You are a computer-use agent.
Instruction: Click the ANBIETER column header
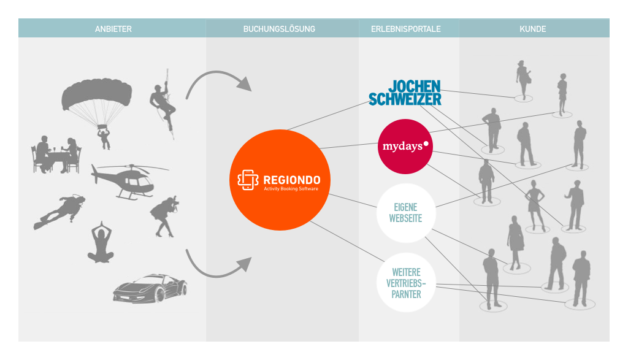[113, 29]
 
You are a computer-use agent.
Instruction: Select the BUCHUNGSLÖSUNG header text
[279, 29]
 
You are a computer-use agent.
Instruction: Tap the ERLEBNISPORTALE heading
[406, 29]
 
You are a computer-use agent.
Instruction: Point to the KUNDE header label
[533, 29]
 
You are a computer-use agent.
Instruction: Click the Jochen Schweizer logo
[405, 93]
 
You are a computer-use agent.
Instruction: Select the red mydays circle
[405, 147]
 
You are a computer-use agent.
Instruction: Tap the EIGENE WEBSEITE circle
[406, 213]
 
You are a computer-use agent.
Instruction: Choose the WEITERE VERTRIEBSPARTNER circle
[406, 283]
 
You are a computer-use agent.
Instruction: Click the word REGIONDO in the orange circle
[291, 180]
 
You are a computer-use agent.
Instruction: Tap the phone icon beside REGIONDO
[248, 180]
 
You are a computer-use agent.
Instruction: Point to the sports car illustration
[150, 288]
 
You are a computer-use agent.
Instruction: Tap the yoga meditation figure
[101, 243]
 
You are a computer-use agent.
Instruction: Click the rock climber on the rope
[164, 105]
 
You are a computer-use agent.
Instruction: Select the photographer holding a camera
[164, 216]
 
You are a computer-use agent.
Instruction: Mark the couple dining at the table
[56, 155]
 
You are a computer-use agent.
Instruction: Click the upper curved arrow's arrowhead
[244, 83]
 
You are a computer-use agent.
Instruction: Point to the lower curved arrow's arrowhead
[244, 265]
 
